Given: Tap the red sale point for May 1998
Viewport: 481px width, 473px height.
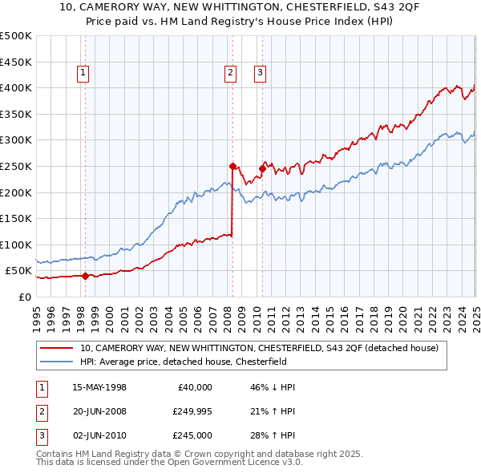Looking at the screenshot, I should [x=85, y=276].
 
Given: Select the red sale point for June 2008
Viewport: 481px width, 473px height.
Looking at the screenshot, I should [x=232, y=166].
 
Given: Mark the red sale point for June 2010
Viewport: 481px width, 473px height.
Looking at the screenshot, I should [x=262, y=168].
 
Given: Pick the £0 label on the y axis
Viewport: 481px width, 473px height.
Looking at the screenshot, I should [x=25, y=297].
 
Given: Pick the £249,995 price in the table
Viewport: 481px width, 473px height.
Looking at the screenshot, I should [x=192, y=411].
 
